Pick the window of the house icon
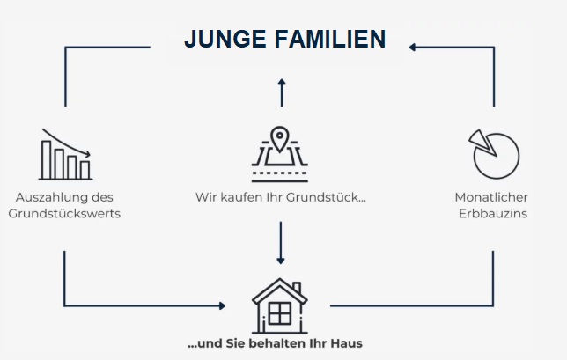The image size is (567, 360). click(279, 312)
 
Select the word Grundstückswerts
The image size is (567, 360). click(64, 214)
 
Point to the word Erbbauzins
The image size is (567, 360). click(493, 214)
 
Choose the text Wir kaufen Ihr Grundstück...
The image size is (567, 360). click(281, 197)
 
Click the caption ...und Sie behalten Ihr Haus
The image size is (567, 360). click(275, 343)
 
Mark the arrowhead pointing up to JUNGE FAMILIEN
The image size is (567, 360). click(281, 83)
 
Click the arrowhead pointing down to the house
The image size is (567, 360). click(281, 260)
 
